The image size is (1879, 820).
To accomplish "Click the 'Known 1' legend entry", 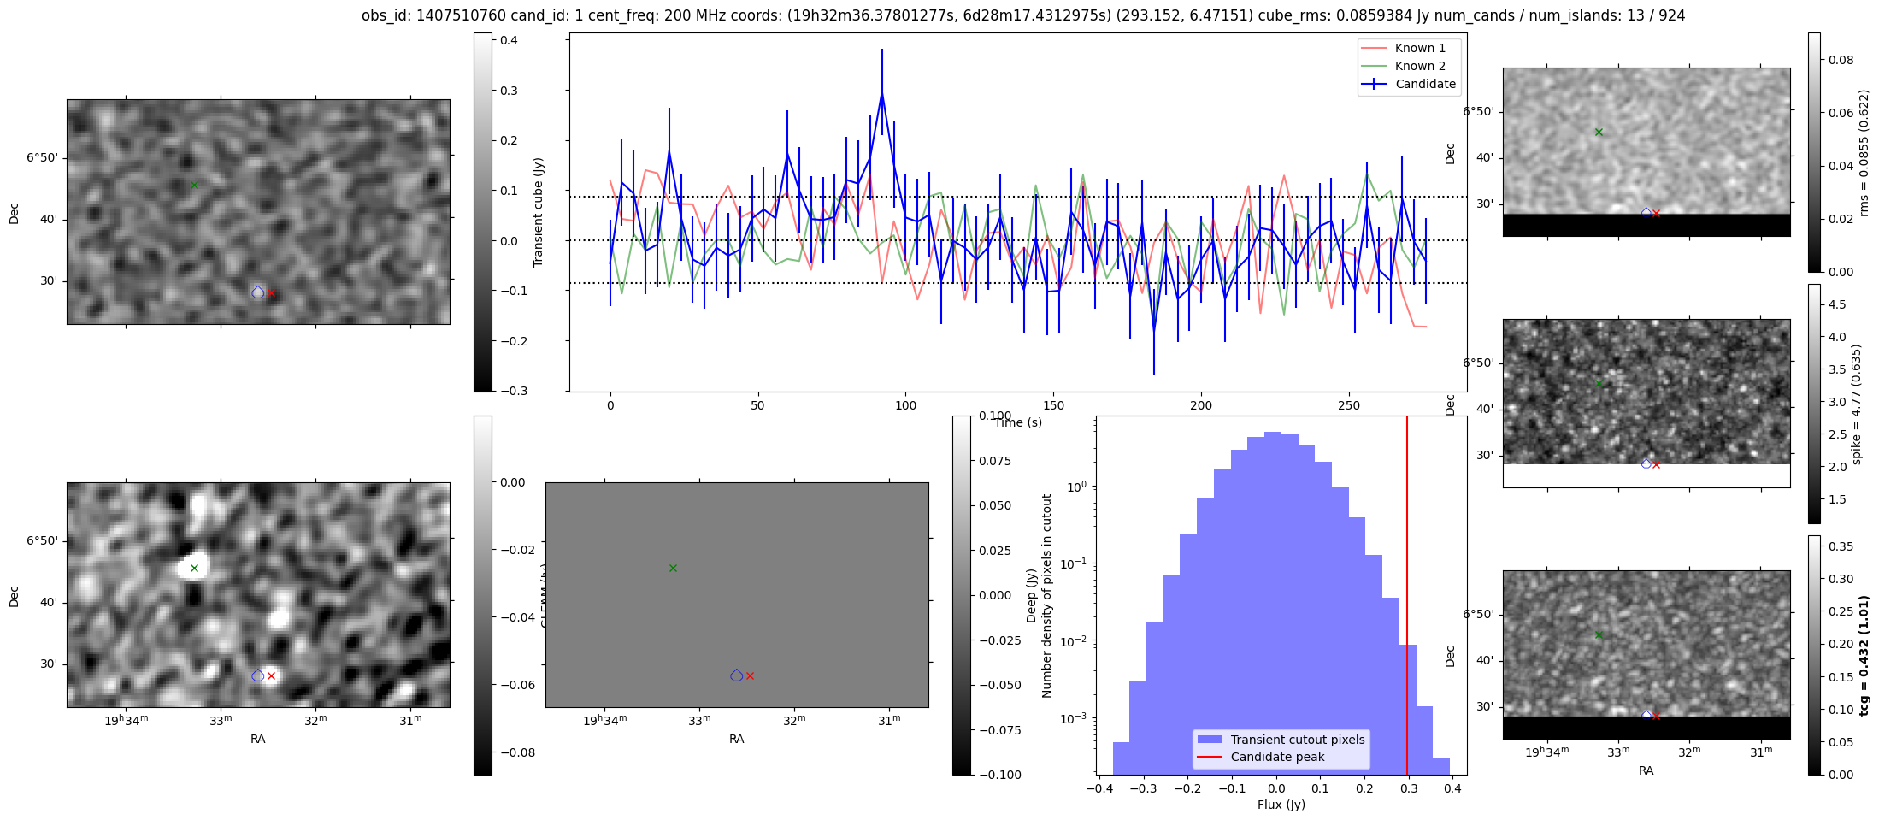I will pos(1420,48).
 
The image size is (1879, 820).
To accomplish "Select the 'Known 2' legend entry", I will pos(1420,66).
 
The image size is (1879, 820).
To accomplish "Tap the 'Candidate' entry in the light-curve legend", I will pos(1425,84).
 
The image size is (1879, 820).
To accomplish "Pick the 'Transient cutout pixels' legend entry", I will pos(1297,740).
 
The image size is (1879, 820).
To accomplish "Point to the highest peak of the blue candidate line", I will pos(881,91).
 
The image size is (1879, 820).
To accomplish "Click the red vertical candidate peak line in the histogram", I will pos(1407,599).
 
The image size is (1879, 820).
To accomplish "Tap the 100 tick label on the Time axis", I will pos(905,405).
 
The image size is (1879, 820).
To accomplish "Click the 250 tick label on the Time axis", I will pos(1348,405).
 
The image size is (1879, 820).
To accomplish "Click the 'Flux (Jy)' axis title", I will pos(1281,805).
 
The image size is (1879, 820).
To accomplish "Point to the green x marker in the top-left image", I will pos(194,185).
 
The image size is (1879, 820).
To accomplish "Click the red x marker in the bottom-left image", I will pos(271,675).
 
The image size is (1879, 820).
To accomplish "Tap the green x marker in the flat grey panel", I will pos(673,568).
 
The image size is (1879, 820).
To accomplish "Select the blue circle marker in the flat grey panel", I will pos(737,675).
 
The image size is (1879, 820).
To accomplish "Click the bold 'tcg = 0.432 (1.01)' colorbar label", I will pos(1864,655).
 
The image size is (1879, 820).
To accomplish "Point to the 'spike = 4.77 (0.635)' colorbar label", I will pos(1856,404).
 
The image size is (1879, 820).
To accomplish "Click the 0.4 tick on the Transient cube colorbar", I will pos(510,40).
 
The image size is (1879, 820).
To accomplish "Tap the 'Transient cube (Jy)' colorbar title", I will pos(539,212).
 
